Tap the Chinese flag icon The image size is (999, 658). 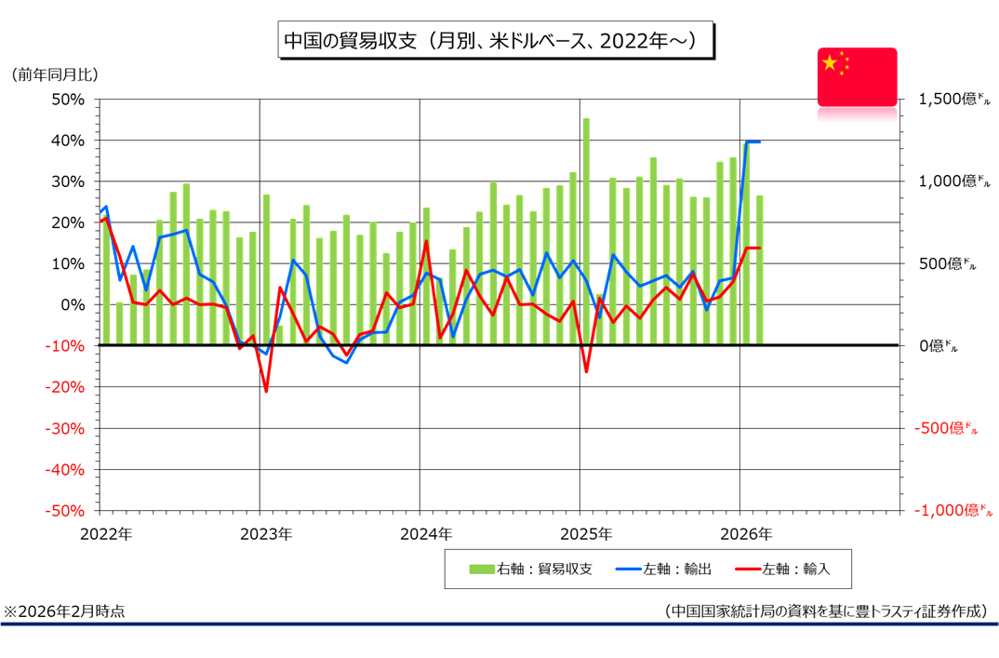click(857, 76)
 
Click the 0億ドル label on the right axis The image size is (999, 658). click(937, 346)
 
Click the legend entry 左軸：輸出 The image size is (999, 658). click(664, 569)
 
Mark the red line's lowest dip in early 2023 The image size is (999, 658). click(266, 391)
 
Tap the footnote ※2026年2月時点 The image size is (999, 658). click(64, 611)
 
